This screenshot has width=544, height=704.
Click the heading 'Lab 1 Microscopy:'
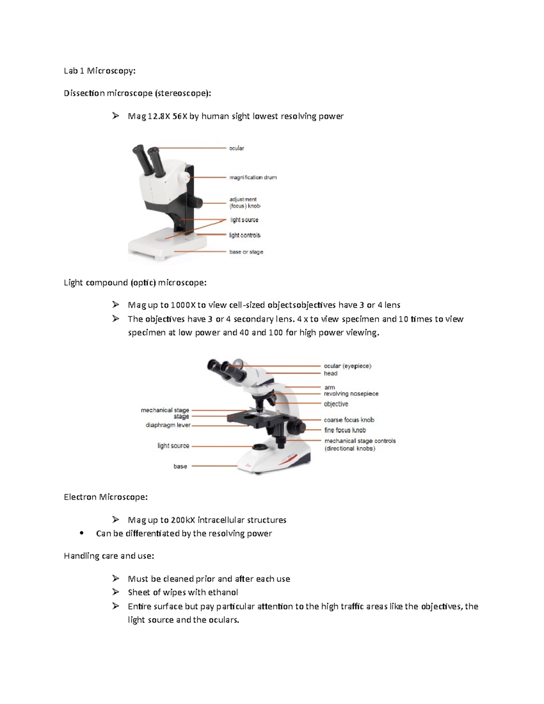99,71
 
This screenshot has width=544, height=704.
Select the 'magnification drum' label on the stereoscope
253,177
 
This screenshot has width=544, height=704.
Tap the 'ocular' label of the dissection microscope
236,148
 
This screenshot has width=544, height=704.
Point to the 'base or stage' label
246,252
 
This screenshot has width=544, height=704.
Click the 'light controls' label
244,235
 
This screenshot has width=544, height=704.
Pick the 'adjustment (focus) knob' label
244,203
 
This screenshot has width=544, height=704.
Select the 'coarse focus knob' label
349,420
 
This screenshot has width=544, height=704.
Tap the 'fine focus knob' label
345,430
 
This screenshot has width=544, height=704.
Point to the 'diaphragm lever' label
168,425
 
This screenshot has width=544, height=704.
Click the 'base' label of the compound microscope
180,466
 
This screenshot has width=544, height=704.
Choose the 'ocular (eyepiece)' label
347,366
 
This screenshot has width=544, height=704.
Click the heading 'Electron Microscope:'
106,497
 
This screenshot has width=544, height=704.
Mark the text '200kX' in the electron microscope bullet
183,520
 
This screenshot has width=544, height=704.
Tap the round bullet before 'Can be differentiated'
82,534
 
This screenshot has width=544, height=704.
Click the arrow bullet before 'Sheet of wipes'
116,592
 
